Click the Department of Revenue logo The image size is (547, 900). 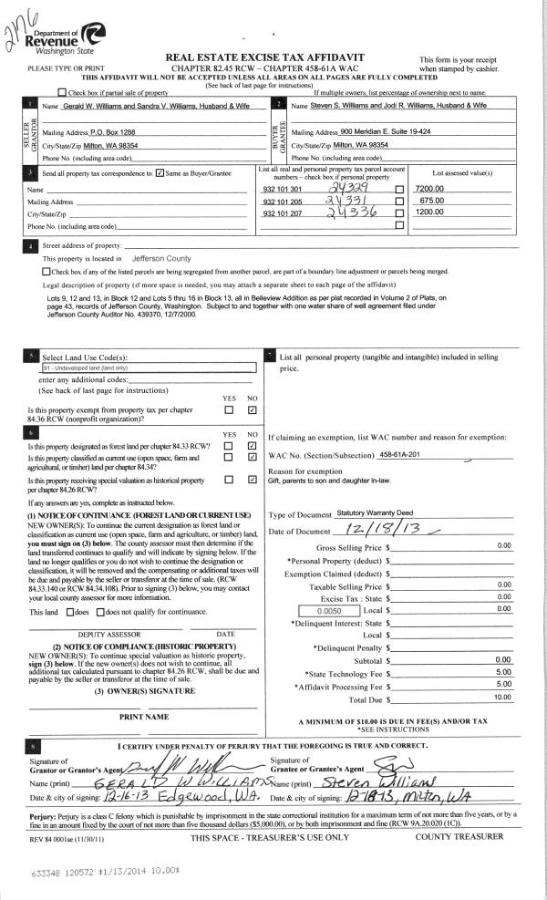pos(67,40)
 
